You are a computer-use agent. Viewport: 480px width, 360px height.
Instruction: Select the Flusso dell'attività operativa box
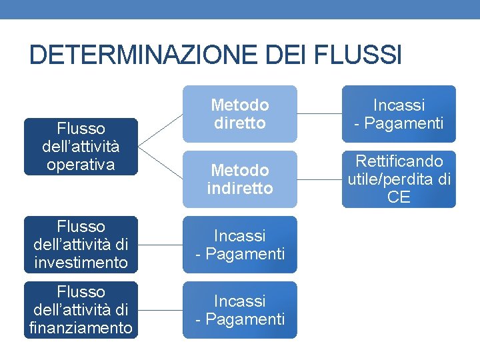coord(81,147)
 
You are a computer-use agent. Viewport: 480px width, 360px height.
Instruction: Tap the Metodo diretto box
coord(240,114)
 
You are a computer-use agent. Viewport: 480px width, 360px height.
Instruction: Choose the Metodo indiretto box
coord(240,179)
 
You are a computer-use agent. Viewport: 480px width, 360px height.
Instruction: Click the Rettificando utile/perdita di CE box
coord(399,179)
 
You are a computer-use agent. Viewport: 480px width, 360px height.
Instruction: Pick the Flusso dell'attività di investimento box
coord(81,245)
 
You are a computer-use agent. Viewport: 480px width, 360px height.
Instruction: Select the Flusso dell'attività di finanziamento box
coord(81,310)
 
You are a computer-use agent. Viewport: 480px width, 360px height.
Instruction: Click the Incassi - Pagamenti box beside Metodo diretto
coord(399,114)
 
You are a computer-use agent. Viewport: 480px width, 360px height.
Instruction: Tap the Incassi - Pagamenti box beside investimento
coord(240,245)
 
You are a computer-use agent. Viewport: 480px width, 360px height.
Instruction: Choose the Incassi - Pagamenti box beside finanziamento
coord(240,310)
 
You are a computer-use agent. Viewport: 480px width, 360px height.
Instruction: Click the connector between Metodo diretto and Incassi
coord(319,114)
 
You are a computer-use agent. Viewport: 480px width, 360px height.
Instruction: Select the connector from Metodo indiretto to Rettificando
coord(319,179)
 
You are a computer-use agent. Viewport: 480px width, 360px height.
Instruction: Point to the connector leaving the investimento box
coord(160,245)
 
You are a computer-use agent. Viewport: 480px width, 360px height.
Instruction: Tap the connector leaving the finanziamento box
coord(160,310)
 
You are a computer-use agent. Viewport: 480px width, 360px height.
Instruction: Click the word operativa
coord(81,164)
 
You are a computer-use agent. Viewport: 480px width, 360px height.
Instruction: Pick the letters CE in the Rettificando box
coord(399,198)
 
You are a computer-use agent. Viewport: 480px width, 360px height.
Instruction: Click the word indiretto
coord(240,189)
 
